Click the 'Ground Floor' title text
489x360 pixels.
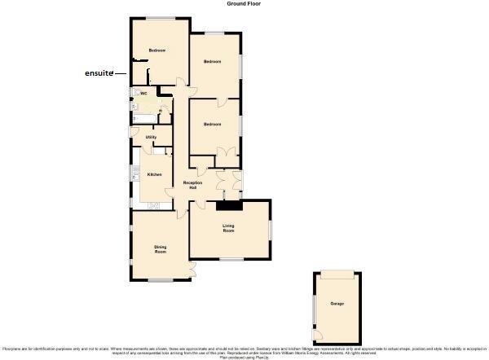click(243, 4)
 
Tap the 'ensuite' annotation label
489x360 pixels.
click(99, 73)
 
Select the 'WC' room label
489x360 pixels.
click(143, 94)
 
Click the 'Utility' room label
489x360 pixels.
click(151, 137)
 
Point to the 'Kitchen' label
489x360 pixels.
click(154, 174)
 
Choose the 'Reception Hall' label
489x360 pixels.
click(192, 184)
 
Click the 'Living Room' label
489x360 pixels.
click(229, 228)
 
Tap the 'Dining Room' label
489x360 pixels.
click(160, 249)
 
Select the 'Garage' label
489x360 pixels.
click(337, 304)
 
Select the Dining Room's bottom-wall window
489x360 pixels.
click(160, 281)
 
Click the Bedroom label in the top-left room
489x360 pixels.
click(156, 50)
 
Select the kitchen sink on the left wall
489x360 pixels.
click(135, 174)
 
